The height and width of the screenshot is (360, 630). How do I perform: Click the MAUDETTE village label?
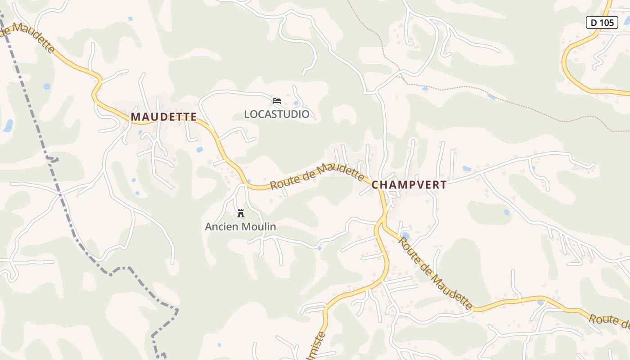[164, 117]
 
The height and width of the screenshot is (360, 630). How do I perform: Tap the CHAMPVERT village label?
[409, 185]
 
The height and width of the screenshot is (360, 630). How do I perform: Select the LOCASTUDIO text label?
[277, 114]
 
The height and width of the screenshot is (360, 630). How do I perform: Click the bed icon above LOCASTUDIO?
[277, 101]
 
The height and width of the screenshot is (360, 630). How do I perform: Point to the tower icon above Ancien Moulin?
[241, 213]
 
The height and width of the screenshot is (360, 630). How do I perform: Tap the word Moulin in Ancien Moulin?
[260, 227]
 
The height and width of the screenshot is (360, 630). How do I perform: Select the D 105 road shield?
[602, 22]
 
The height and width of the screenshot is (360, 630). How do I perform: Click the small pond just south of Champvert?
[405, 235]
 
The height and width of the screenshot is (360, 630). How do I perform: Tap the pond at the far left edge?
[8, 126]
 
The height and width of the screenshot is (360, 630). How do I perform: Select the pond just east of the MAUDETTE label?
[199, 149]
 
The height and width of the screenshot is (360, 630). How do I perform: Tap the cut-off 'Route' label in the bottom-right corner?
[610, 321]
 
